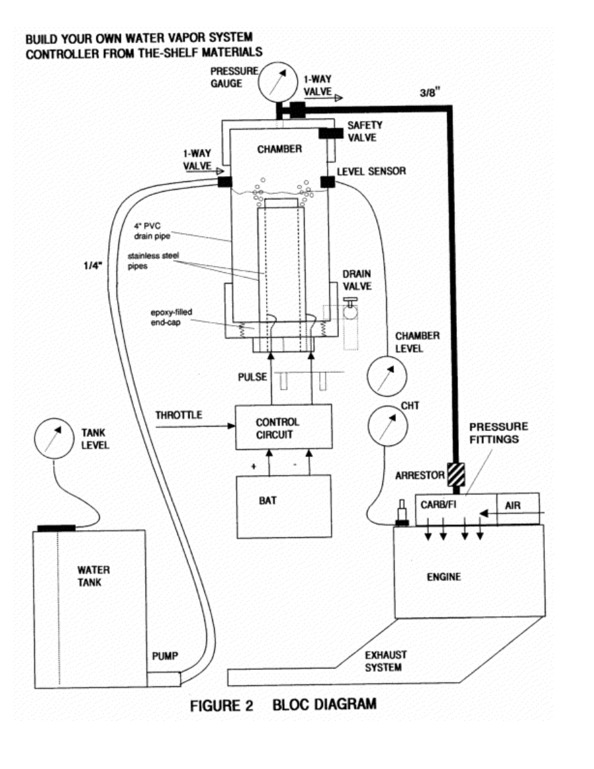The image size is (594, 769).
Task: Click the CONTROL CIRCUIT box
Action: coord(283,427)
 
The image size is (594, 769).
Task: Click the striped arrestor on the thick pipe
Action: coord(456,474)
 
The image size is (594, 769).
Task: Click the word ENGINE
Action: coord(444,577)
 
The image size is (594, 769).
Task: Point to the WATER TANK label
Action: coord(93,575)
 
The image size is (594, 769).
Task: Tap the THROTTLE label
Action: coord(179,415)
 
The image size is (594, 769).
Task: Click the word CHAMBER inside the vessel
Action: coord(280,149)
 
